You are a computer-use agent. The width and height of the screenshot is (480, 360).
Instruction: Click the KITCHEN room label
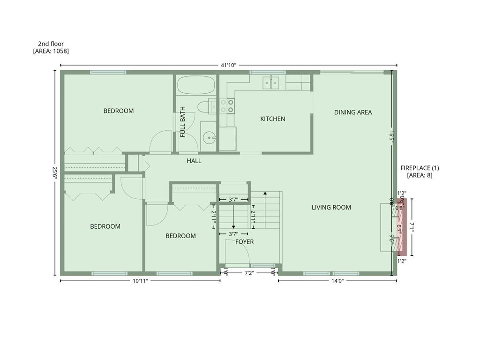(x=272, y=119)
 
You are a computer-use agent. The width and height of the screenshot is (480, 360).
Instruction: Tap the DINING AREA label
(x=352, y=112)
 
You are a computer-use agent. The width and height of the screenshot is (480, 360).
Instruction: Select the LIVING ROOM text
(x=331, y=208)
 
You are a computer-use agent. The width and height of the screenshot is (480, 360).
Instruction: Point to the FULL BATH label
(x=183, y=122)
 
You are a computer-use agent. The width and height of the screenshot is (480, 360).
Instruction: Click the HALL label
(x=194, y=161)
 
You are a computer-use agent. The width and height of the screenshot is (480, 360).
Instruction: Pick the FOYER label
(x=244, y=242)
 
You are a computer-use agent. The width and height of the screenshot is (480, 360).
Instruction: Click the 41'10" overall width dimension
(x=228, y=65)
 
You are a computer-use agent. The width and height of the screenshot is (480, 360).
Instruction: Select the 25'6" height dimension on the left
(x=55, y=172)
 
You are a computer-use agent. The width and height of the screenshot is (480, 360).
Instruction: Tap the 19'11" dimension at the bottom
(x=140, y=281)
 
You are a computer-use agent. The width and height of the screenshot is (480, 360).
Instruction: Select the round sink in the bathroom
(x=209, y=137)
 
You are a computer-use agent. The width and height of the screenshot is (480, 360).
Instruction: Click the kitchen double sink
(x=271, y=82)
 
